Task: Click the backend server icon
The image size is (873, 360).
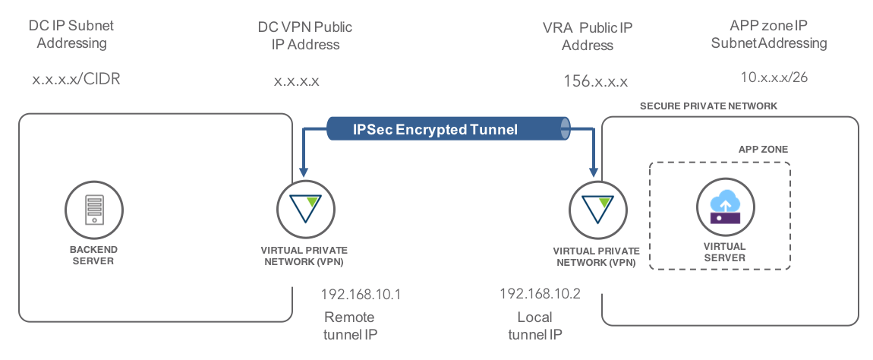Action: [x=95, y=207]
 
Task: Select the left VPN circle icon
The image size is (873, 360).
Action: [x=304, y=207]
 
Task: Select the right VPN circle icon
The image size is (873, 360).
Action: [x=595, y=207]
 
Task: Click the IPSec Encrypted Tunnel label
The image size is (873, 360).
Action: [x=435, y=130]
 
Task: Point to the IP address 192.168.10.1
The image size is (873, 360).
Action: [x=361, y=294]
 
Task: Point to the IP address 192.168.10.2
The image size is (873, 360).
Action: [x=540, y=293]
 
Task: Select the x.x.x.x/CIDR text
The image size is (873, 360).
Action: [x=77, y=79]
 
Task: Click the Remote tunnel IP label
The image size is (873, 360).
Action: [x=349, y=325]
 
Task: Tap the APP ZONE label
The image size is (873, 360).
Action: [x=763, y=150]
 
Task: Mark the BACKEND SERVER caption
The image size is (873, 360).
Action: [x=94, y=255]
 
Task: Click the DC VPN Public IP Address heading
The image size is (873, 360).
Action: [x=305, y=36]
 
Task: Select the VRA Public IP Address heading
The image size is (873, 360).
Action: [x=588, y=36]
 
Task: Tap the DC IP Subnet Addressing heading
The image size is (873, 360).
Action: [x=71, y=34]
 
